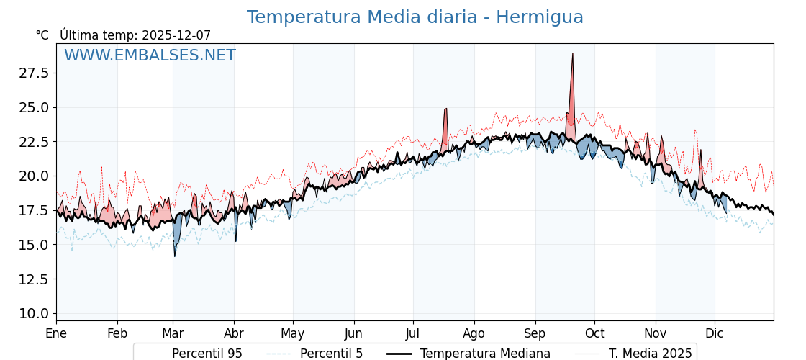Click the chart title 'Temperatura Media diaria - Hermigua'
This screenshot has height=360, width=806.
(415, 17)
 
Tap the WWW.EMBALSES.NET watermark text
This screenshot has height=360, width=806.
(150, 55)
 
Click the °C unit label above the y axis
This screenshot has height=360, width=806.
(42, 35)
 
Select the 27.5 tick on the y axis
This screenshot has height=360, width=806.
(34, 73)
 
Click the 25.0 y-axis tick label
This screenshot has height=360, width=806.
(34, 107)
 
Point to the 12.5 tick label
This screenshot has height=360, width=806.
(34, 279)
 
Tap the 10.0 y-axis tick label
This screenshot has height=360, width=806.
(34, 313)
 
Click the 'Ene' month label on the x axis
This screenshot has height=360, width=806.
(56, 334)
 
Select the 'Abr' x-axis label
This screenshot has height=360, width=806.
(234, 334)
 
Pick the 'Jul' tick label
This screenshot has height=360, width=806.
(413, 334)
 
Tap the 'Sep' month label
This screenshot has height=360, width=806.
(535, 334)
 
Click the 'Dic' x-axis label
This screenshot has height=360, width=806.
(715, 334)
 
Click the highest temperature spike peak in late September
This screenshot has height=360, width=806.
(573, 54)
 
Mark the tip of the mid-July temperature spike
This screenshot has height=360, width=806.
(446, 109)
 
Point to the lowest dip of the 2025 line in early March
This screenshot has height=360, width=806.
(175, 256)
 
